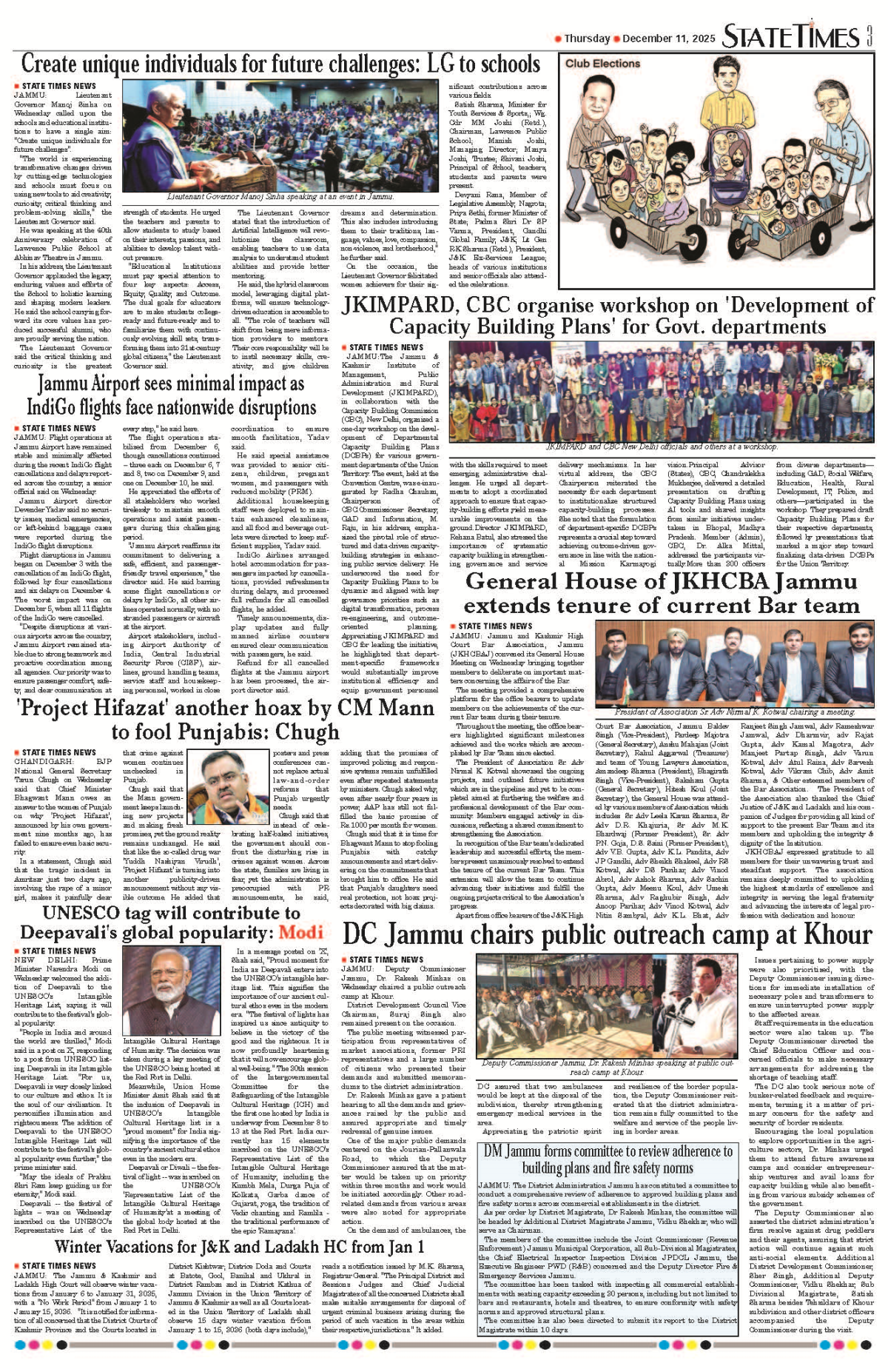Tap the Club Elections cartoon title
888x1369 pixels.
point(602,64)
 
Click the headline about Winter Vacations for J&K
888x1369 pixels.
point(239,1247)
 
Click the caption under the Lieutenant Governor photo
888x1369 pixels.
point(280,197)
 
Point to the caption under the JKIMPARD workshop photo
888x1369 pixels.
point(662,446)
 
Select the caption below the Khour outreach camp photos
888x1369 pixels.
point(606,1067)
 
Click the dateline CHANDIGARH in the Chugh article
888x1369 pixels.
point(44,761)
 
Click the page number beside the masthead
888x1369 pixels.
point(869,36)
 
